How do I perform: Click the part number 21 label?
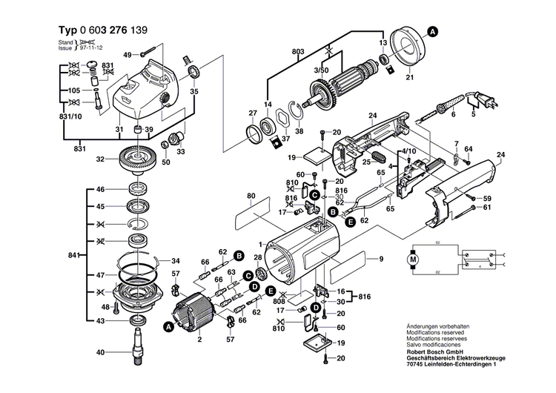[409, 77]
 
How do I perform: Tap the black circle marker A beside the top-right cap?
[433, 31]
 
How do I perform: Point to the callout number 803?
[298, 51]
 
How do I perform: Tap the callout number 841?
[73, 256]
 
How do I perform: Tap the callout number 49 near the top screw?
[127, 55]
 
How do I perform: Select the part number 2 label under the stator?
[199, 339]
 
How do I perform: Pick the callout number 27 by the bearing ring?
[252, 113]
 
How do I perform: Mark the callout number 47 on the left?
[101, 275]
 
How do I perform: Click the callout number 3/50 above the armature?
[322, 69]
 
